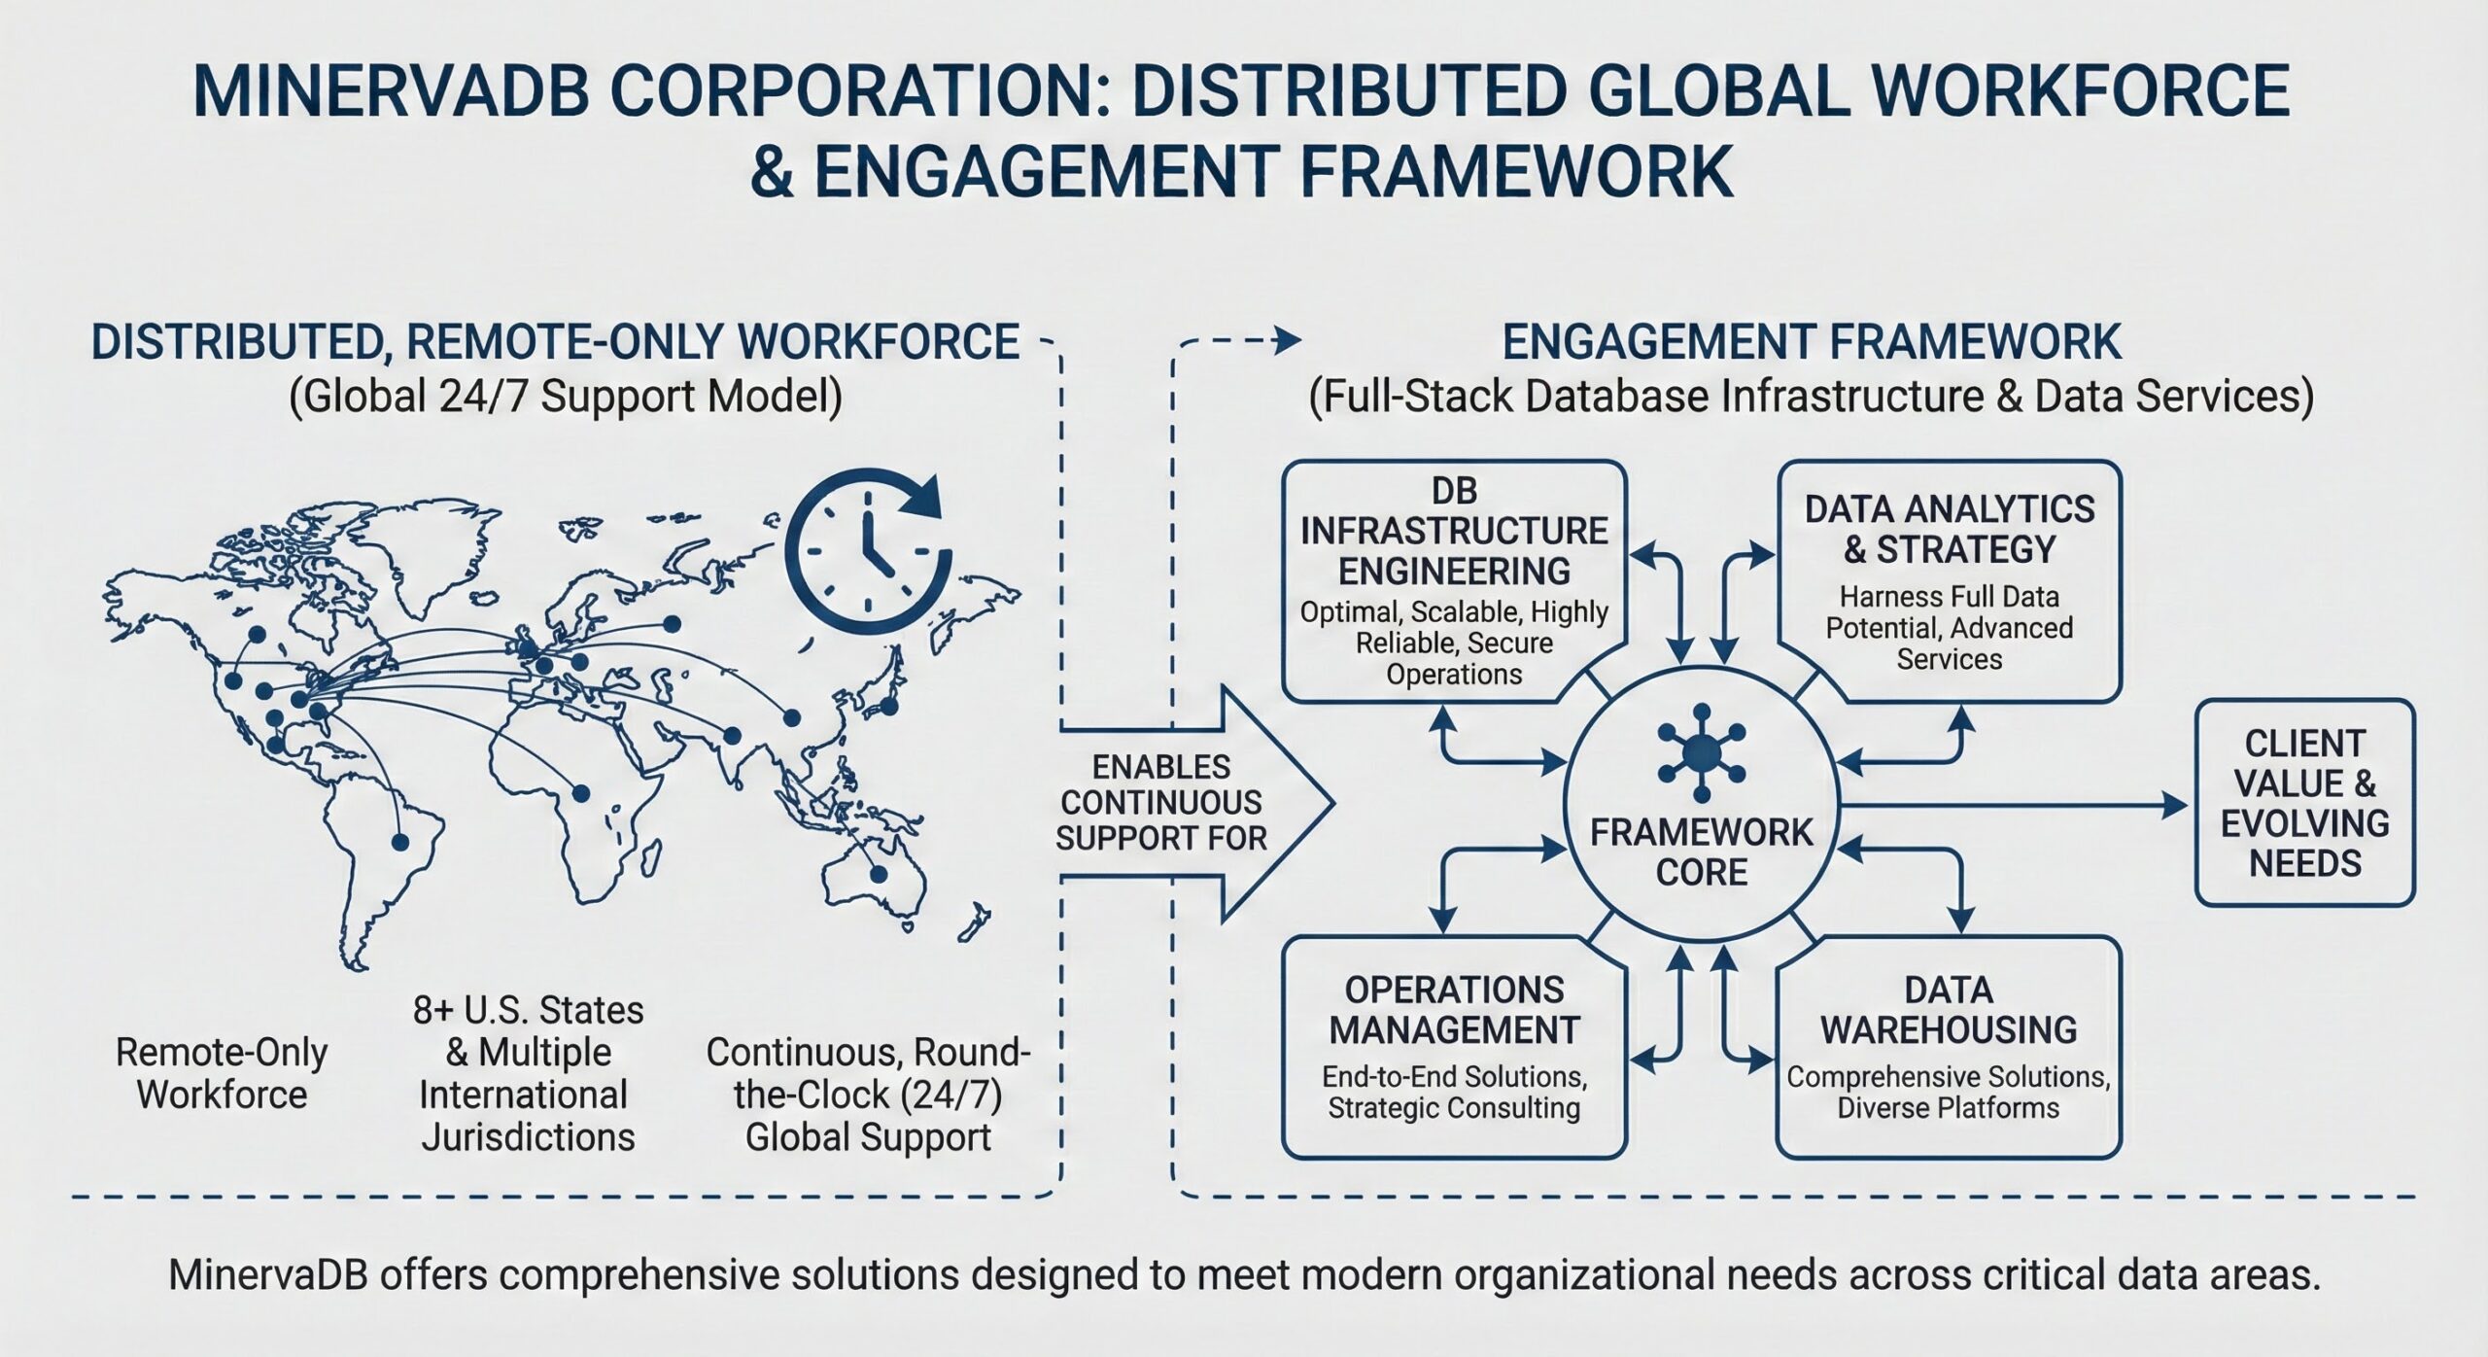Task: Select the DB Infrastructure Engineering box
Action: pos(1454,580)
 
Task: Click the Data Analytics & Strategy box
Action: pos(1949,580)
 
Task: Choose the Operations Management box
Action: pos(1454,1047)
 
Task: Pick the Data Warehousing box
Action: pos(1949,1047)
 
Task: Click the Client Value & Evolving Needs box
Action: pos(2304,803)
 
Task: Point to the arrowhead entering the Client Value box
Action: pos(2175,804)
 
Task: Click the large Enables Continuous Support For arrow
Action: pos(1196,803)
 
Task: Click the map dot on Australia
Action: pos(879,874)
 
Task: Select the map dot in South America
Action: pos(398,842)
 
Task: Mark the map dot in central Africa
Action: pos(581,793)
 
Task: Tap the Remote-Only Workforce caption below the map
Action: pos(222,1073)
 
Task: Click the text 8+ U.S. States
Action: pos(528,1011)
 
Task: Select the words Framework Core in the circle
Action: pos(1701,852)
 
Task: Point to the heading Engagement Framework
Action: pos(1812,342)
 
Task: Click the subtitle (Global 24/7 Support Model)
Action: pos(566,398)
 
